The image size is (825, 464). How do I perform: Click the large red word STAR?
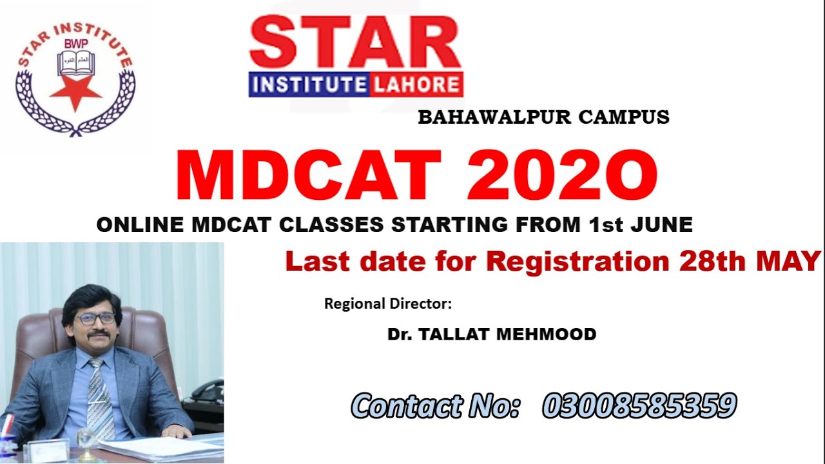pos(355,43)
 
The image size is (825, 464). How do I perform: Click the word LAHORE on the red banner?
pos(416,85)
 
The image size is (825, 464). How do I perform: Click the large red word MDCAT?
pos(308,176)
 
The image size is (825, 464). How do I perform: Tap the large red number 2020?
pos(563,176)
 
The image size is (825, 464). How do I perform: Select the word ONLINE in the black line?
pos(140,225)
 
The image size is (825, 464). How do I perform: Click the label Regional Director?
pos(388,304)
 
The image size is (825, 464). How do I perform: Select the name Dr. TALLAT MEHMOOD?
pos(492,334)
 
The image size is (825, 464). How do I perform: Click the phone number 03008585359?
pos(639,406)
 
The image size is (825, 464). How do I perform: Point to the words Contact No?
pos(436,406)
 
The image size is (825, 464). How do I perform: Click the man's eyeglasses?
pos(95,318)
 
